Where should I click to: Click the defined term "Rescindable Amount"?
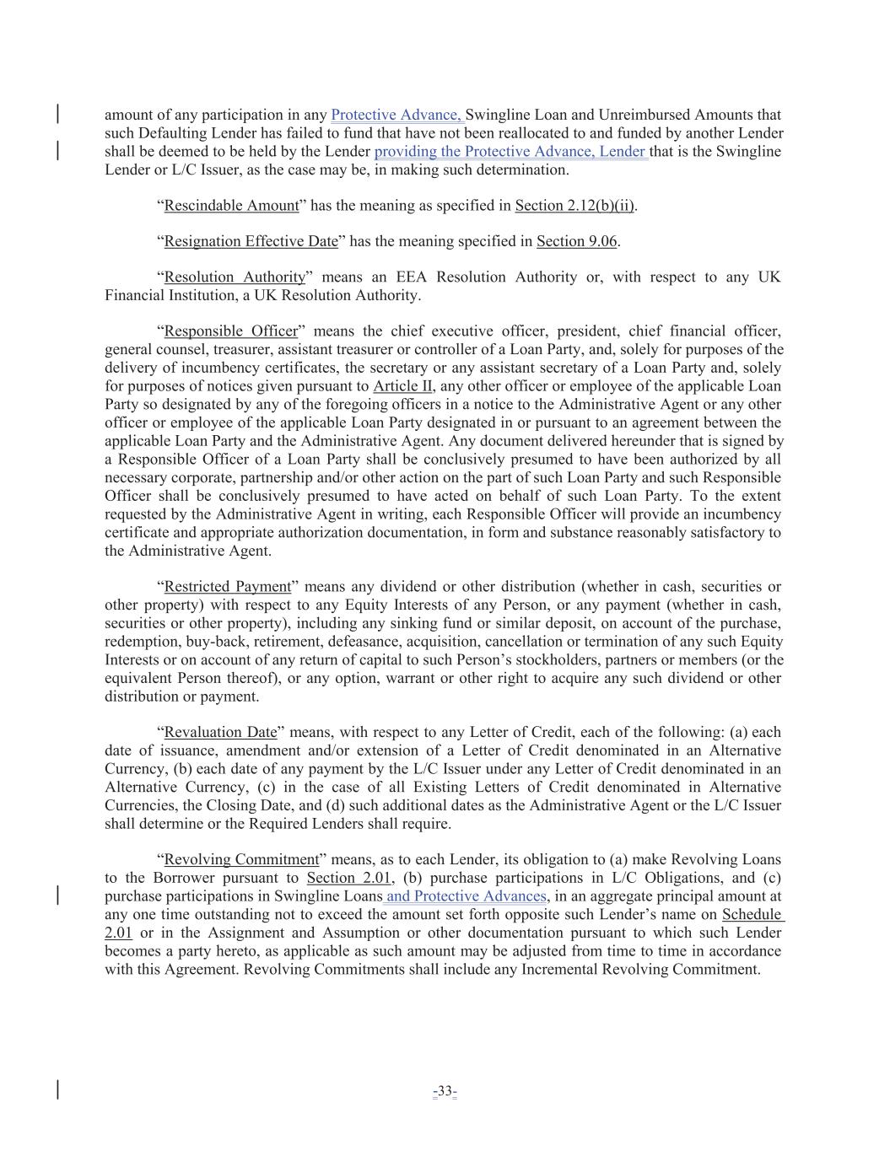(231, 206)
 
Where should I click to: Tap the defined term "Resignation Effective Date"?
(251, 242)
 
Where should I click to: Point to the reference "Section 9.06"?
(577, 242)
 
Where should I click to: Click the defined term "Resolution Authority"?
(235, 277)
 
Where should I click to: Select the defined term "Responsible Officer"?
(230, 331)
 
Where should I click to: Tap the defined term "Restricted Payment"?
(227, 587)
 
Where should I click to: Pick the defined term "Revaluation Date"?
(220, 733)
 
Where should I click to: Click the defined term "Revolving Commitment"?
(241, 860)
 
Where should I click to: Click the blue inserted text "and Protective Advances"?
(466, 896)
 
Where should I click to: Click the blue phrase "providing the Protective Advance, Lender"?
(510, 152)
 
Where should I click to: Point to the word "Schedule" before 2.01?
(752, 915)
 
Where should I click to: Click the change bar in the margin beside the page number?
(57, 1089)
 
